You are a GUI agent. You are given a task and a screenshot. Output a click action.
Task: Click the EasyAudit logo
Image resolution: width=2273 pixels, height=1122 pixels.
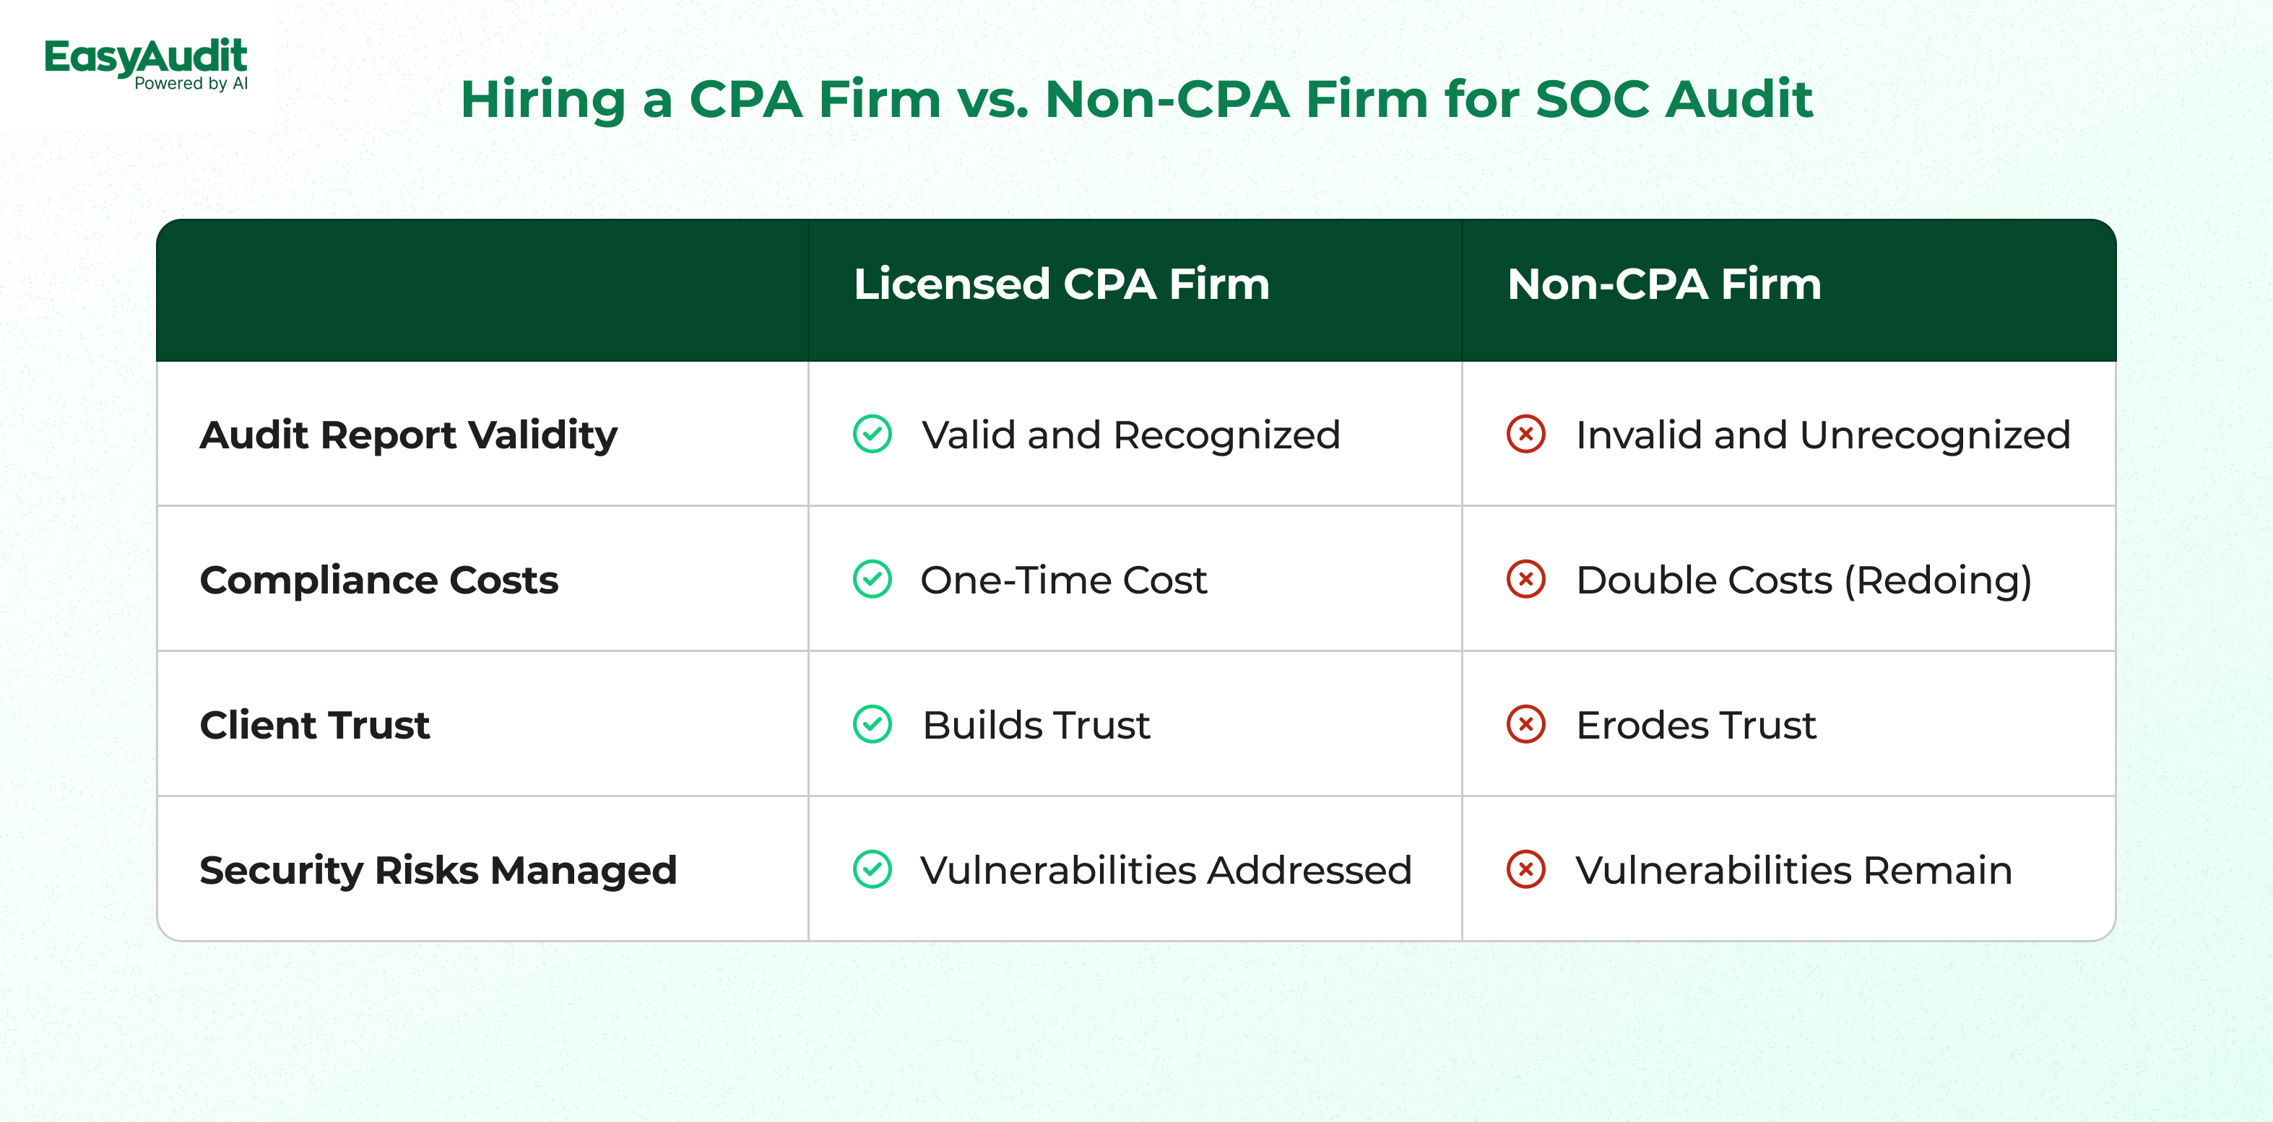147,64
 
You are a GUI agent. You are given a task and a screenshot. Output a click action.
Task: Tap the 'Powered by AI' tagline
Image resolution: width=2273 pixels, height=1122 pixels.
191,84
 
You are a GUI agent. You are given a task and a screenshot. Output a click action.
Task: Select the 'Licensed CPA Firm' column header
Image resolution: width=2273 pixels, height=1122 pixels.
1062,284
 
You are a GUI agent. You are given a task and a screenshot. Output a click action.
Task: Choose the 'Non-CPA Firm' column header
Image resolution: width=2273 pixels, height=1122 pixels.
1664,284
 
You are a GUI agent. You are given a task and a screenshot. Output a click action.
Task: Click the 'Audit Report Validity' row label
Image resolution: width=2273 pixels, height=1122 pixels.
409,435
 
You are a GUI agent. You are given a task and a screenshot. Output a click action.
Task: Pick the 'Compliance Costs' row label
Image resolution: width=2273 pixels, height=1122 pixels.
379,580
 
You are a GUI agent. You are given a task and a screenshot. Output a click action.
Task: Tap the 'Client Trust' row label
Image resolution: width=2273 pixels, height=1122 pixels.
315,725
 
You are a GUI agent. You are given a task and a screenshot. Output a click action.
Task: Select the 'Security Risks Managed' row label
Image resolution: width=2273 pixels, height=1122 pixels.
438,871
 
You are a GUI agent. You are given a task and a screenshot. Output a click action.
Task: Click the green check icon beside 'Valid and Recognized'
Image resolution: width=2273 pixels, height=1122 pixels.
873,434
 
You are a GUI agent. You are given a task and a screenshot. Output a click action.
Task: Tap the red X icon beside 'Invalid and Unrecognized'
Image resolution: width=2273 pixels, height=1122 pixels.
1526,434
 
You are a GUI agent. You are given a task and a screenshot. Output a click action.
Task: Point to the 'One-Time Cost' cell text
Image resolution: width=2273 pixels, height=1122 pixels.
1063,580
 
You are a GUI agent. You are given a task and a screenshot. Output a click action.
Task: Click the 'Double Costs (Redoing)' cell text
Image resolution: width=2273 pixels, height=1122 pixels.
1804,580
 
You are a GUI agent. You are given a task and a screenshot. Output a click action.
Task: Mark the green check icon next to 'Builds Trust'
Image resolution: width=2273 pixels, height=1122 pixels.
873,724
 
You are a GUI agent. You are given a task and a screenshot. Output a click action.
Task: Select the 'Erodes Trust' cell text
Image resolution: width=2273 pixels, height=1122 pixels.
1696,725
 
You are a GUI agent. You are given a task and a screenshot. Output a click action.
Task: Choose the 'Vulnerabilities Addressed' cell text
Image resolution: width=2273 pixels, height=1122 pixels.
1166,871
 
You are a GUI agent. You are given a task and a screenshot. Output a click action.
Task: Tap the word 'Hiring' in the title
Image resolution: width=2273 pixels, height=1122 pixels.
542,100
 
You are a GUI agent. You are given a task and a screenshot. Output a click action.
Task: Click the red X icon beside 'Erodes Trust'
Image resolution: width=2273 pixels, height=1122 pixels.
1526,724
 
